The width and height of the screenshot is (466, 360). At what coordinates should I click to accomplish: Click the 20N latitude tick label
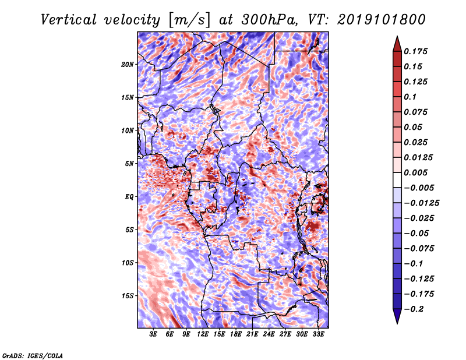coord(128,65)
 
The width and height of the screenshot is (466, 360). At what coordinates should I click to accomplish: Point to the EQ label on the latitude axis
coord(129,197)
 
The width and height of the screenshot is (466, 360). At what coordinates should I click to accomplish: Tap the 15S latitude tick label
coord(128,296)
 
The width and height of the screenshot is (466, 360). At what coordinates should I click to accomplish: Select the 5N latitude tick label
coord(129,164)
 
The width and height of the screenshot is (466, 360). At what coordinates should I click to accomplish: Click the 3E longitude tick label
coord(153,334)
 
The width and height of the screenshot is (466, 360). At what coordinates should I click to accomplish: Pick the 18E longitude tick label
coord(236,334)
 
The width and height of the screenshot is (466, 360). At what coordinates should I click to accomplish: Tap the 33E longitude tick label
coord(318,334)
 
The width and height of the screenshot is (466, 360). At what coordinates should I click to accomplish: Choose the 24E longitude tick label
coord(269,334)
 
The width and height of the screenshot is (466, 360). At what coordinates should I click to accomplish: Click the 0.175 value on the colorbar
coord(415,51)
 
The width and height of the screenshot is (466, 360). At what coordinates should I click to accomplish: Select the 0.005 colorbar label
coord(415,172)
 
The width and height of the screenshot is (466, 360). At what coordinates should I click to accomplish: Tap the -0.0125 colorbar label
coord(421,203)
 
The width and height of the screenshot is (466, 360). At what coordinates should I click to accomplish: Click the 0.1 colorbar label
coord(410,97)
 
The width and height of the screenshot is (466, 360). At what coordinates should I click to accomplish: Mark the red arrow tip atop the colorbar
coord(397,36)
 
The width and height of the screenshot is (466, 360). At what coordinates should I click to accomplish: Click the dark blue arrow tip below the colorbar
coord(397,324)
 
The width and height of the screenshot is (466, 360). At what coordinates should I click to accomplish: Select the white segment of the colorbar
coord(397,180)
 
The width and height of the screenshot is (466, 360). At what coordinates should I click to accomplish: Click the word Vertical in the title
coord(69,20)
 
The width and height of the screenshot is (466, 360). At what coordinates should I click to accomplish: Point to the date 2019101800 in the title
coord(382,20)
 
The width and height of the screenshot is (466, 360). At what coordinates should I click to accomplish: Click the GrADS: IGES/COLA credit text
coord(33,356)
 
